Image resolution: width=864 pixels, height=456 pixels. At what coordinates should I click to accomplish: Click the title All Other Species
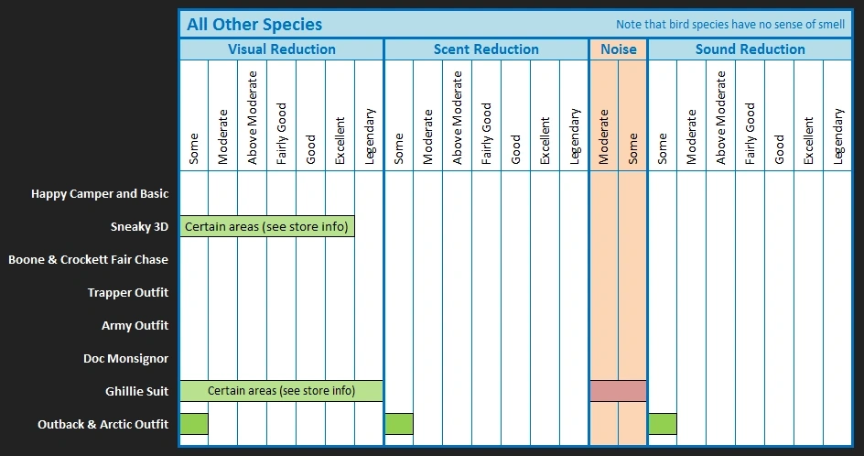coord(254,25)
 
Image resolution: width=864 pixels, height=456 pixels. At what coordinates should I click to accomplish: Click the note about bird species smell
coord(730,25)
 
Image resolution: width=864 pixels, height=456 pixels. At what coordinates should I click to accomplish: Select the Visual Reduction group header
coord(281,49)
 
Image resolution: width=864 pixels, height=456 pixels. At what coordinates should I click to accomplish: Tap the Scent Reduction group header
coord(486,49)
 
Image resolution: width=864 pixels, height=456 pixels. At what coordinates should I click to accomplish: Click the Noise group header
coord(618,49)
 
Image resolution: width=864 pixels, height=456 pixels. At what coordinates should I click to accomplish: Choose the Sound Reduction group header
coord(750,49)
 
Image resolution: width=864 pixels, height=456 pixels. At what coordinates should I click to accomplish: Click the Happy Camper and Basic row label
coord(100,194)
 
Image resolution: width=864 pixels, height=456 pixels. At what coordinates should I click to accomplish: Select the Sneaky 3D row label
coord(139,227)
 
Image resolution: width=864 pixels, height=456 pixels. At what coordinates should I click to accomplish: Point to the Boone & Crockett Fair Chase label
coord(89,260)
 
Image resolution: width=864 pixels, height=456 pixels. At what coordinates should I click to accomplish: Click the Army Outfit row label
coord(135,326)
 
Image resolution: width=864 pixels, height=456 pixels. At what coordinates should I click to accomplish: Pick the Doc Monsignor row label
coord(125,359)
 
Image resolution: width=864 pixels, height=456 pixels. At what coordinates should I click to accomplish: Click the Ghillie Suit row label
coord(136,392)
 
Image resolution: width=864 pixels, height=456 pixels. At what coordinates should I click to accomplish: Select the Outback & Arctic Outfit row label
coord(103,425)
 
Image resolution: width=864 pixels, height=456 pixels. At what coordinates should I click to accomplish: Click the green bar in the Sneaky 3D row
coord(266,227)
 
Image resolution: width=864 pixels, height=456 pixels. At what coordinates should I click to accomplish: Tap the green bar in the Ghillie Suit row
coord(281,391)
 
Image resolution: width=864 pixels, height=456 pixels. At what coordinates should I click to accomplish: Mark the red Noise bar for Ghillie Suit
coord(618,391)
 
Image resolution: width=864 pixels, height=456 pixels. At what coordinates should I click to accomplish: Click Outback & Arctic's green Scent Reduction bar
coord(398,424)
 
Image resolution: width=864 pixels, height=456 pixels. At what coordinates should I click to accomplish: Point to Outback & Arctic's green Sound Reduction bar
coord(662,424)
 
